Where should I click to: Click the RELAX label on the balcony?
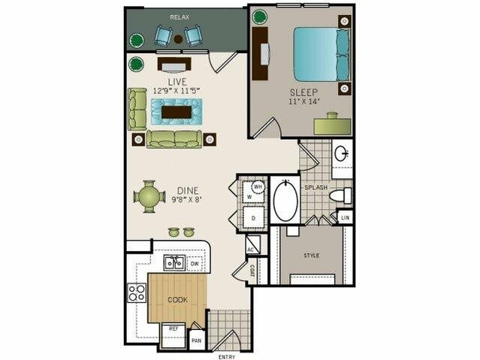click(x=179, y=16)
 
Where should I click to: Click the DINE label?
click(x=187, y=190)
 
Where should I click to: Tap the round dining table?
click(x=147, y=197)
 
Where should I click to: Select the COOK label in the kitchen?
click(x=177, y=299)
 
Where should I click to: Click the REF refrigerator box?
click(x=173, y=328)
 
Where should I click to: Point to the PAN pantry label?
click(x=197, y=339)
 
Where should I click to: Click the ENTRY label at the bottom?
click(x=227, y=355)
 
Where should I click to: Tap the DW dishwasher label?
click(x=195, y=264)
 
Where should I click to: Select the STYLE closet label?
click(x=312, y=256)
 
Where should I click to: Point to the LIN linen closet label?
click(x=345, y=218)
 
